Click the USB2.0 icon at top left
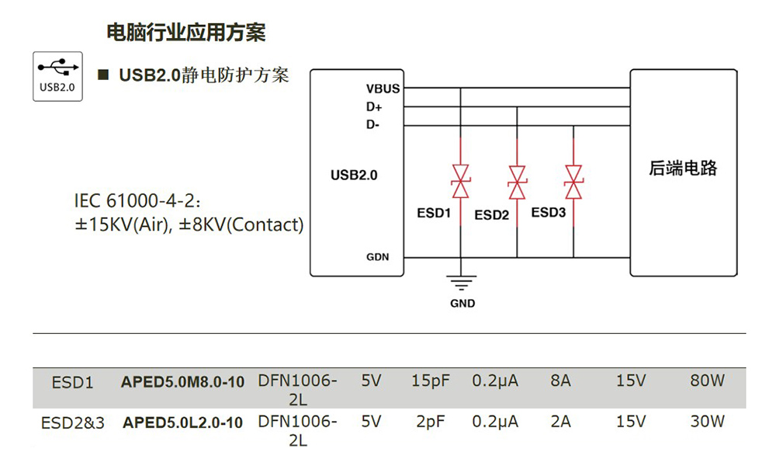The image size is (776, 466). tap(57, 75)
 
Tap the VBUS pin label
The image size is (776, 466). tap(383, 89)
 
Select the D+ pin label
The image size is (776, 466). tap(374, 107)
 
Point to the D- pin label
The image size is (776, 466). tap(373, 125)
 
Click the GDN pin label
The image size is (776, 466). tap(378, 257)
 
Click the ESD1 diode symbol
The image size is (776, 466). tap(461, 181)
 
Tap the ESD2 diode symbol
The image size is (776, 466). tap(517, 181)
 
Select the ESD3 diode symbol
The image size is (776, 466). tap(573, 181)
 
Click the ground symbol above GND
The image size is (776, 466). tap(462, 283)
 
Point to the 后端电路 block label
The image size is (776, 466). tap(683, 168)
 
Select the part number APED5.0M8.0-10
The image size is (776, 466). tap(182, 381)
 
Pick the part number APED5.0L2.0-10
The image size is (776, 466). tap(182, 423)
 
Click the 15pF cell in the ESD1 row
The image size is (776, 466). tap(431, 381)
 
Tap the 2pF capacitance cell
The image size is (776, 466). tap(431, 423)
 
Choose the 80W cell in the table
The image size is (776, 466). tap(707, 381)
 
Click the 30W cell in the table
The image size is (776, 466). tap(707, 423)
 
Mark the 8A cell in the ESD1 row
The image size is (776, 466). tap(559, 381)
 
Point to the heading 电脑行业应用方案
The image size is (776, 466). tap(185, 33)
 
